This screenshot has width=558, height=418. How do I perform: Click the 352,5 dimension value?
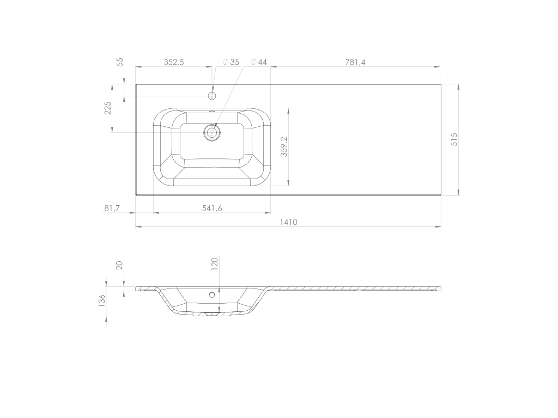tap(174, 62)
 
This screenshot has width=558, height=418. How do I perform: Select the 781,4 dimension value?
tap(355, 62)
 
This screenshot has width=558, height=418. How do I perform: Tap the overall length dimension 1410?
tap(289, 222)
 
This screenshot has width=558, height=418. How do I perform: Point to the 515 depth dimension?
tap(454, 139)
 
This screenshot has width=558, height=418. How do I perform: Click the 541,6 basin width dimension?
tap(212, 208)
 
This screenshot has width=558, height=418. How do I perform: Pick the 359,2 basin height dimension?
tap(284, 146)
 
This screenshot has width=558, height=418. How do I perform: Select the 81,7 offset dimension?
tap(112, 208)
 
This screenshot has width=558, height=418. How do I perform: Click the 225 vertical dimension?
tap(108, 108)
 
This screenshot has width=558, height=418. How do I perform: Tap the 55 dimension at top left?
tap(120, 62)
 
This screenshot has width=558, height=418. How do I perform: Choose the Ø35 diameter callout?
tap(231, 62)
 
